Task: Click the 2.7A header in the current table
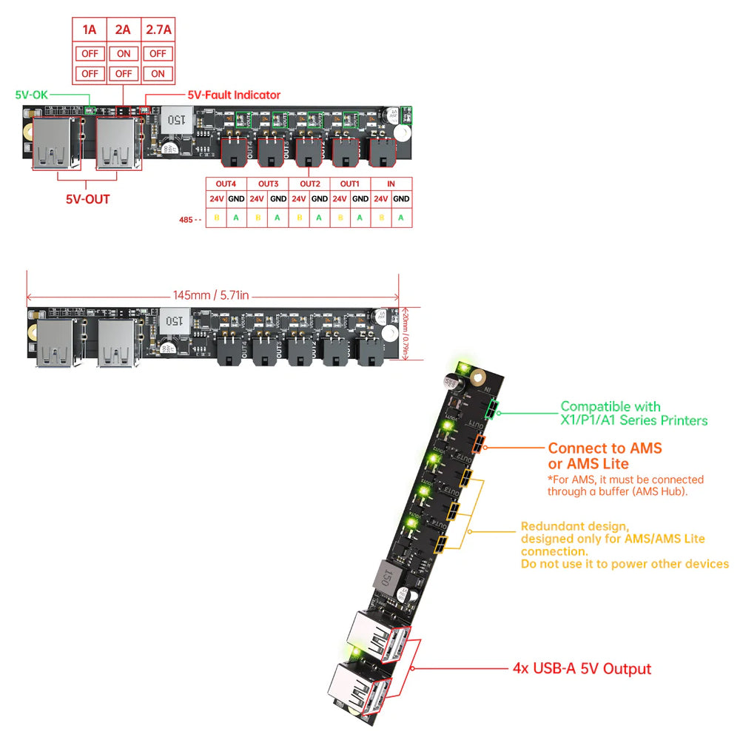157,30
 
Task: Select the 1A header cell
90,30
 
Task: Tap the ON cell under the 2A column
124,53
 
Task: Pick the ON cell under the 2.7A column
157,73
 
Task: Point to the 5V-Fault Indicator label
234,95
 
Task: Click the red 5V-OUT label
87,199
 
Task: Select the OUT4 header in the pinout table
226,184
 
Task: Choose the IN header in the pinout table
391,184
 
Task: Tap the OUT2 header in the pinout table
309,184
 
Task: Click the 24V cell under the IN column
380,198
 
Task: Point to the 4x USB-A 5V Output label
582,669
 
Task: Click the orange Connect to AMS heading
605,448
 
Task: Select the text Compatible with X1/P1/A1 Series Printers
633,413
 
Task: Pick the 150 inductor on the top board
176,118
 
